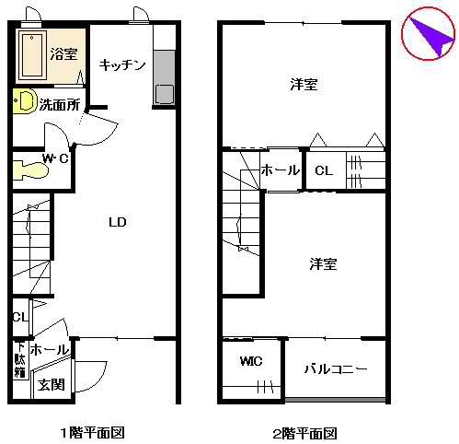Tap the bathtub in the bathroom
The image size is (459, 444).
33,56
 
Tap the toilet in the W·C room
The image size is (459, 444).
33,171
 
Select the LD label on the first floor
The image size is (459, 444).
117,223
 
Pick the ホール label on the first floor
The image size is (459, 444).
48,350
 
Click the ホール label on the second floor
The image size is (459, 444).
280,170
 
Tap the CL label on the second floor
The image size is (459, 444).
323,170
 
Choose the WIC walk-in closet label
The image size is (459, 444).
251,361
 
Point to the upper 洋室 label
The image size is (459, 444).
304,85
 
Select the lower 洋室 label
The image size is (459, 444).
322,264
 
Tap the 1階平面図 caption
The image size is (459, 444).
92,432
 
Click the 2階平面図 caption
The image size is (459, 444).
304,432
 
